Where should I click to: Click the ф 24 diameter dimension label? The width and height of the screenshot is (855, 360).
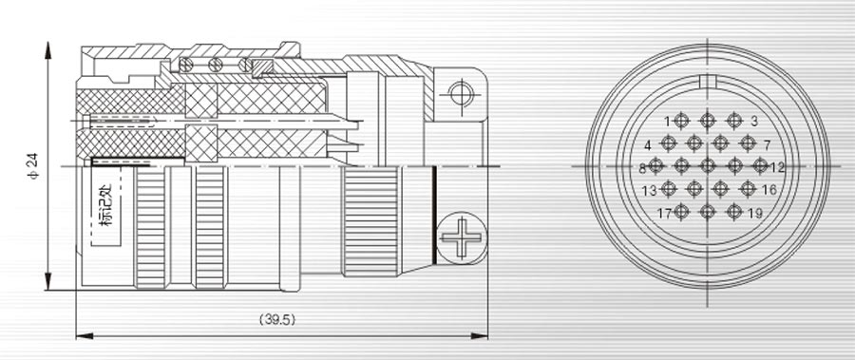(33, 166)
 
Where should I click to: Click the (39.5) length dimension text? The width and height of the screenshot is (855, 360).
(277, 320)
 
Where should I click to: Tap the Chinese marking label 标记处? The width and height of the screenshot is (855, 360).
(105, 205)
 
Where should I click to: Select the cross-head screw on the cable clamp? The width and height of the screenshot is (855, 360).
(462, 237)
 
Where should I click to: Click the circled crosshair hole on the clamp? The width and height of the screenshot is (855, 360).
(462, 95)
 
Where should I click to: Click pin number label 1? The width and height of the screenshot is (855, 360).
(667, 121)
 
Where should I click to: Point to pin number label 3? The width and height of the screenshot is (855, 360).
(753, 121)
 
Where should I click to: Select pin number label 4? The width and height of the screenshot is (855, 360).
(648, 145)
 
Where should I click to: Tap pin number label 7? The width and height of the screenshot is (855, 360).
(767, 145)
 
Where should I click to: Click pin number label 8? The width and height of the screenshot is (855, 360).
(642, 168)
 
